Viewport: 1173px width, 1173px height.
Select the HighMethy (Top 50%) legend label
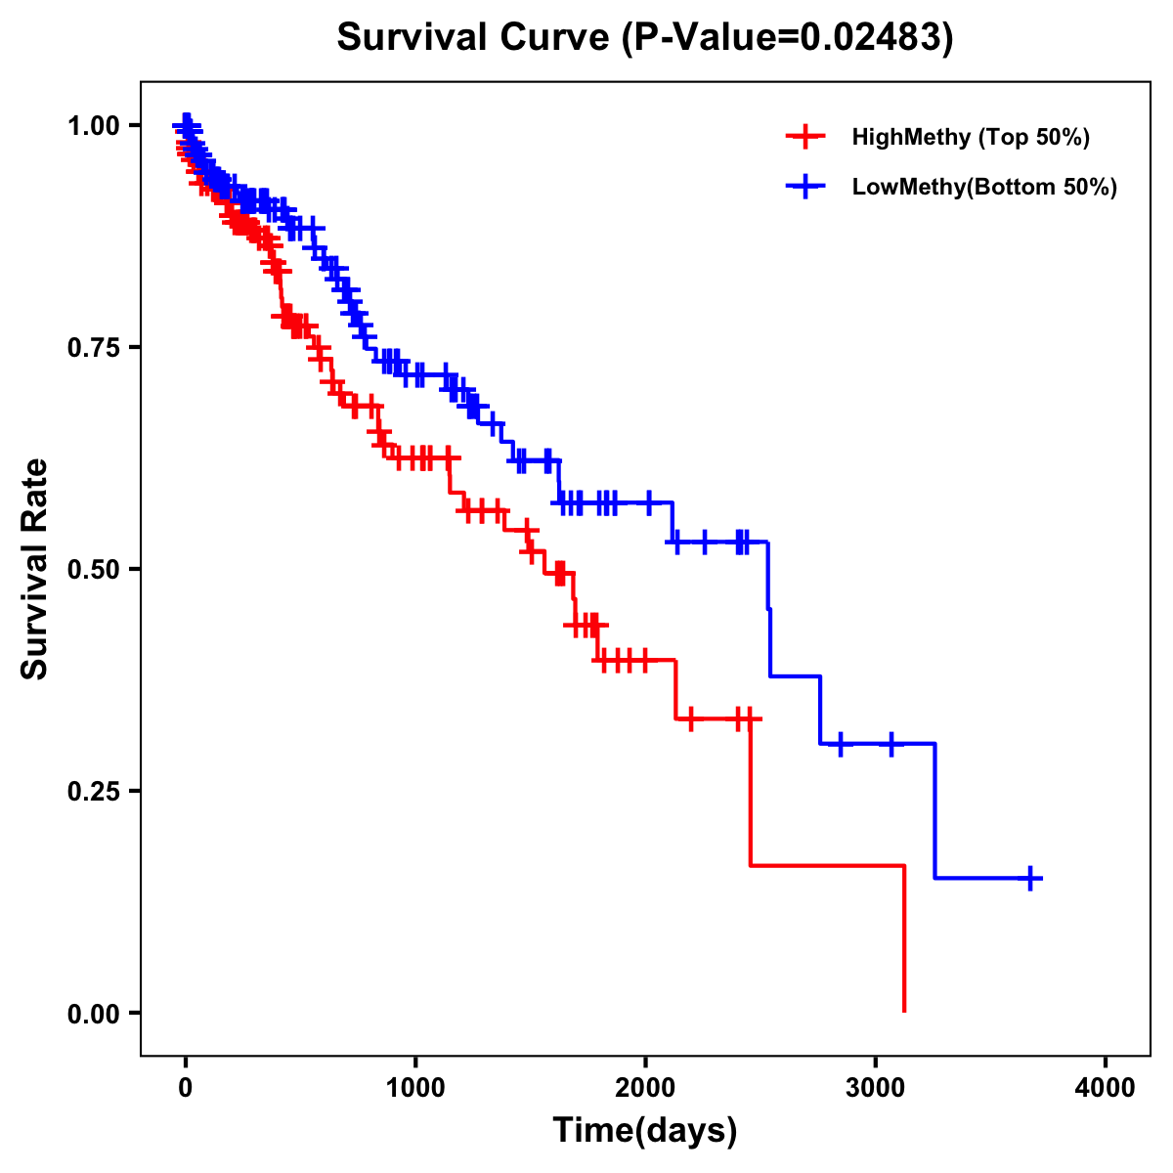(x=971, y=137)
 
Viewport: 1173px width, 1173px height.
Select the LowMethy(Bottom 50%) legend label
(x=984, y=187)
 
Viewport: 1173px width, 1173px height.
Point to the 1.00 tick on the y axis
(x=93, y=126)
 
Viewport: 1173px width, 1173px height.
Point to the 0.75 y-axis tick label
(x=93, y=348)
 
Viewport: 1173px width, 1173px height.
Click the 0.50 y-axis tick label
(x=93, y=570)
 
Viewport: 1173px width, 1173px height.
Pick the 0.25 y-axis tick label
(x=93, y=792)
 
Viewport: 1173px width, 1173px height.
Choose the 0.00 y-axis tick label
(x=93, y=1014)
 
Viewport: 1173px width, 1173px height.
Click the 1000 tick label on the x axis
(x=415, y=1089)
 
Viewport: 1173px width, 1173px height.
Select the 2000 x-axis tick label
(x=645, y=1089)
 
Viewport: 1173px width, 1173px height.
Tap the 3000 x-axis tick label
(x=876, y=1089)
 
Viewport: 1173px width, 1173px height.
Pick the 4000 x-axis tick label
(x=1106, y=1089)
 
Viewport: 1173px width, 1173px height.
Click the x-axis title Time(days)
(x=645, y=1131)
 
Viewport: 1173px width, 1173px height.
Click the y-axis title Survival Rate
(x=35, y=569)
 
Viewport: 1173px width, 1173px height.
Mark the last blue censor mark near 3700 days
(x=1030, y=878)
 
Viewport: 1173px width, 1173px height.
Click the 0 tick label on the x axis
(x=186, y=1089)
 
